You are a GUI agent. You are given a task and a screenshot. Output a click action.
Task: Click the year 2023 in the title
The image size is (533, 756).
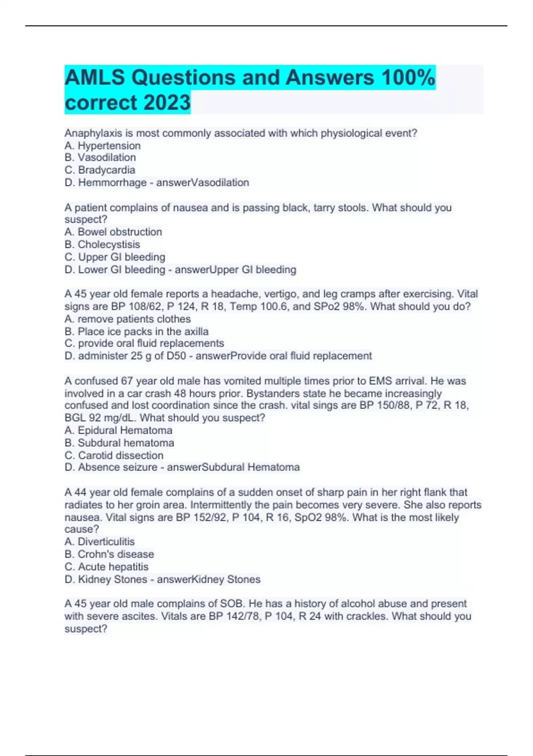pyautogui.click(x=167, y=102)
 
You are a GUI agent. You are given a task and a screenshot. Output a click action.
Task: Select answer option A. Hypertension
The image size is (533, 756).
pyautogui.click(x=103, y=145)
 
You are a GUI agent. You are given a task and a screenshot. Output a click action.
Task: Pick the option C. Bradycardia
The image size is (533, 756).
pyautogui.click(x=100, y=170)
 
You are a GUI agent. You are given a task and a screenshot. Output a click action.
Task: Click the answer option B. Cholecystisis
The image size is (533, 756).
pyautogui.click(x=102, y=244)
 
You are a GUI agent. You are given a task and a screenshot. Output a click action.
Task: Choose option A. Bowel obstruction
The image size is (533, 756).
pyautogui.click(x=113, y=232)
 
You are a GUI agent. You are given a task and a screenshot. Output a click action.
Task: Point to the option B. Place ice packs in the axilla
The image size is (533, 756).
pyautogui.click(x=136, y=331)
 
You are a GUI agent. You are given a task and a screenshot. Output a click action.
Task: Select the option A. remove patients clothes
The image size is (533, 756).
pyautogui.click(x=127, y=319)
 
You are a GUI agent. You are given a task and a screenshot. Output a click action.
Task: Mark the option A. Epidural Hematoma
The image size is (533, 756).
pyautogui.click(x=118, y=430)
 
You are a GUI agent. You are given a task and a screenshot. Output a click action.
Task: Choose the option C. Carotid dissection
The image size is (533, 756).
pyautogui.click(x=114, y=455)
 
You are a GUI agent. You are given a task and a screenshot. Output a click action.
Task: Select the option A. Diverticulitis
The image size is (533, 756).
pyautogui.click(x=99, y=541)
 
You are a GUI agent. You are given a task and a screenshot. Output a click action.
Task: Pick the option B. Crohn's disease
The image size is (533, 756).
pyautogui.click(x=109, y=554)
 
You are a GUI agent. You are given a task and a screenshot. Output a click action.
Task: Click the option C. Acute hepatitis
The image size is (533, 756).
pyautogui.click(x=107, y=567)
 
